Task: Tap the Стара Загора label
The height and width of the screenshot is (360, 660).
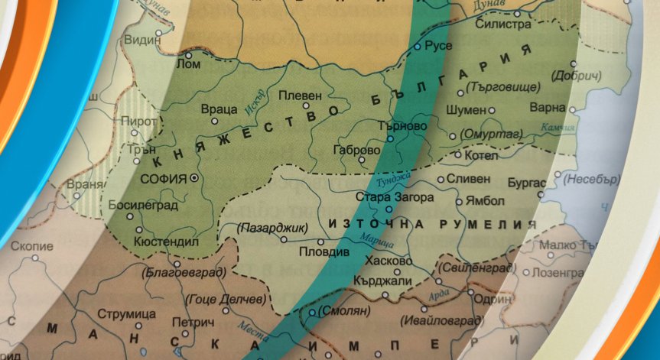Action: [395, 197]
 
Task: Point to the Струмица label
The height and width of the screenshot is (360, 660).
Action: [122, 315]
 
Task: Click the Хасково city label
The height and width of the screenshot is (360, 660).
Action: [389, 261]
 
